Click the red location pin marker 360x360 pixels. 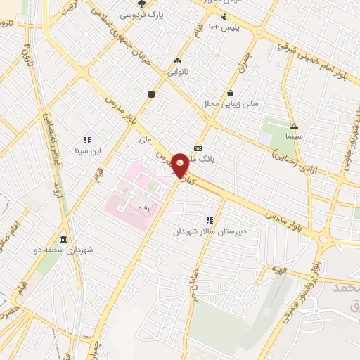click(x=180, y=165)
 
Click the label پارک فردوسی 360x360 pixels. click(x=141, y=15)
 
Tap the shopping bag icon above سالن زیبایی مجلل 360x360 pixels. click(x=231, y=93)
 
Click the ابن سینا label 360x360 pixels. click(x=89, y=150)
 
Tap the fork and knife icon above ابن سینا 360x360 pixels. click(x=88, y=140)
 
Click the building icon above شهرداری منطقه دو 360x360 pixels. click(x=63, y=238)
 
